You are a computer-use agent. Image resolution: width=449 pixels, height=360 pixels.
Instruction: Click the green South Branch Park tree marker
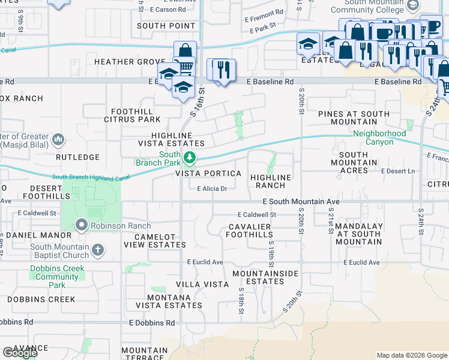pos(189,158)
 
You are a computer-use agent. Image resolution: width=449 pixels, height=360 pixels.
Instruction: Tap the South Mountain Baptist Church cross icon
pos(98,250)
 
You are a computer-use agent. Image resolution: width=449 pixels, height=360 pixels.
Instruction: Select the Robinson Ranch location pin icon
pos(82,226)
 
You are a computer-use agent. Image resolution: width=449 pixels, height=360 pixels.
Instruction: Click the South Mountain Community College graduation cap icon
pos(412,5)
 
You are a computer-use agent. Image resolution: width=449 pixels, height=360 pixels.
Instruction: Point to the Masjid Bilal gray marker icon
pos(58,140)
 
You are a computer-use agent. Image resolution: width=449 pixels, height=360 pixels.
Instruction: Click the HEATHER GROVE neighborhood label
pos(128,62)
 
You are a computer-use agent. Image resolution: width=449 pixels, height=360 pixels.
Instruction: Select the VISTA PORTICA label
pos(208,173)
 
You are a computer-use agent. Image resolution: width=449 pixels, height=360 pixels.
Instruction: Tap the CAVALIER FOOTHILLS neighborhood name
pos(249,230)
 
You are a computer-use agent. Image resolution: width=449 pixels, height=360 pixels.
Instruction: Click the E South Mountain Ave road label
pos(301,202)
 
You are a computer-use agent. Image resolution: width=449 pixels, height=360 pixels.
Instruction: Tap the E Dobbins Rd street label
pos(152,322)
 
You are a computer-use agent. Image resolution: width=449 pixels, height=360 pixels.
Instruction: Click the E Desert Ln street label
pos(398,171)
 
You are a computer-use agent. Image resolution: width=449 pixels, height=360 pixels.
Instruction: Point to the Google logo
pos(20,353)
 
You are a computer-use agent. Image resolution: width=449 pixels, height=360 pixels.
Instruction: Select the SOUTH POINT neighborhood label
pos(166,26)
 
